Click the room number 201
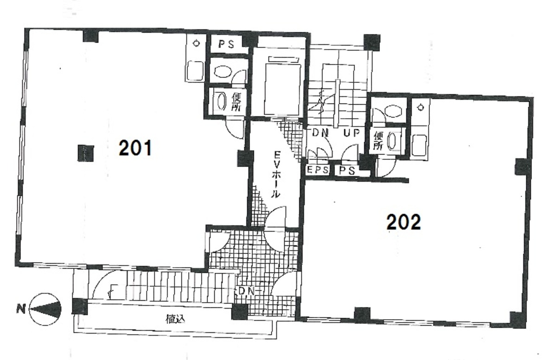coord(135,148)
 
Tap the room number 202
coord(403,222)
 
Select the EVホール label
coord(276,174)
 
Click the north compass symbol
coord(45,309)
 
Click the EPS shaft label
coord(318,170)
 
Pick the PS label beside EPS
coord(347,171)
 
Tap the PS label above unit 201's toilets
coord(226,44)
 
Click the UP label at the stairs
coord(351,133)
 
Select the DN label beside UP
coord(320,133)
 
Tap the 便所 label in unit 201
coord(236,102)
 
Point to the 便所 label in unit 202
coord(378,141)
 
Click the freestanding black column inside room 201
coord(85,153)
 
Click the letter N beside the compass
coord(21,309)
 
